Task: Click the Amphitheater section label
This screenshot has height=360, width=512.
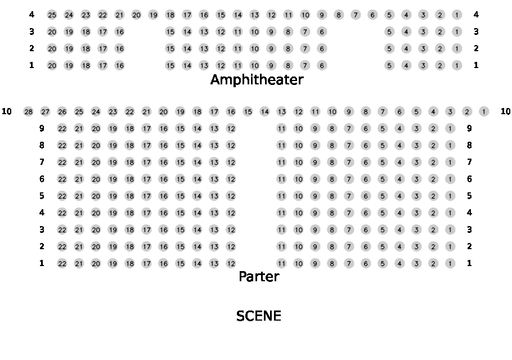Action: [257, 80]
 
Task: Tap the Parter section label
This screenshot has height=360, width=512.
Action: [259, 277]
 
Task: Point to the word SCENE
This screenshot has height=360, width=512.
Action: [259, 316]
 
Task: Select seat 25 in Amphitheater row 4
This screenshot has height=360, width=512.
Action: [52, 15]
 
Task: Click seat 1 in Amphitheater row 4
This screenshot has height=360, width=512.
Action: [457, 15]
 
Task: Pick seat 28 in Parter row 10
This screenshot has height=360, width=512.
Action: [28, 112]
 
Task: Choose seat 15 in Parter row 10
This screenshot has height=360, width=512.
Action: [248, 112]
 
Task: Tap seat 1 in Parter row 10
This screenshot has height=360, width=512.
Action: [484, 112]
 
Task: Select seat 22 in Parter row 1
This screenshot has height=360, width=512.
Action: [62, 263]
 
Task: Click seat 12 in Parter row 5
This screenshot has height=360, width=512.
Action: [231, 196]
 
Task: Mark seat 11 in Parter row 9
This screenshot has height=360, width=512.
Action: [281, 129]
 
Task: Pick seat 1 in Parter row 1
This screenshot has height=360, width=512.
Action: [450, 263]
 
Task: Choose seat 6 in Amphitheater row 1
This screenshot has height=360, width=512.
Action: [322, 66]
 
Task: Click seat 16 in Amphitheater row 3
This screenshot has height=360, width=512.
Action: [119, 32]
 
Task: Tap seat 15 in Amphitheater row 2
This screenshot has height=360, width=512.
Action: [170, 49]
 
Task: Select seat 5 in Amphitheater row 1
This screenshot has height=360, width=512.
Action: [389, 66]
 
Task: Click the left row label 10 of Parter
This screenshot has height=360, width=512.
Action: [7, 111]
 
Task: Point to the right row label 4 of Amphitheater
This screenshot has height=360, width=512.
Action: [476, 15]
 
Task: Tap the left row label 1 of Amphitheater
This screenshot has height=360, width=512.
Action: [32, 65]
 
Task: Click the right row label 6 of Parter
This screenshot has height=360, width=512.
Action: [469, 179]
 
